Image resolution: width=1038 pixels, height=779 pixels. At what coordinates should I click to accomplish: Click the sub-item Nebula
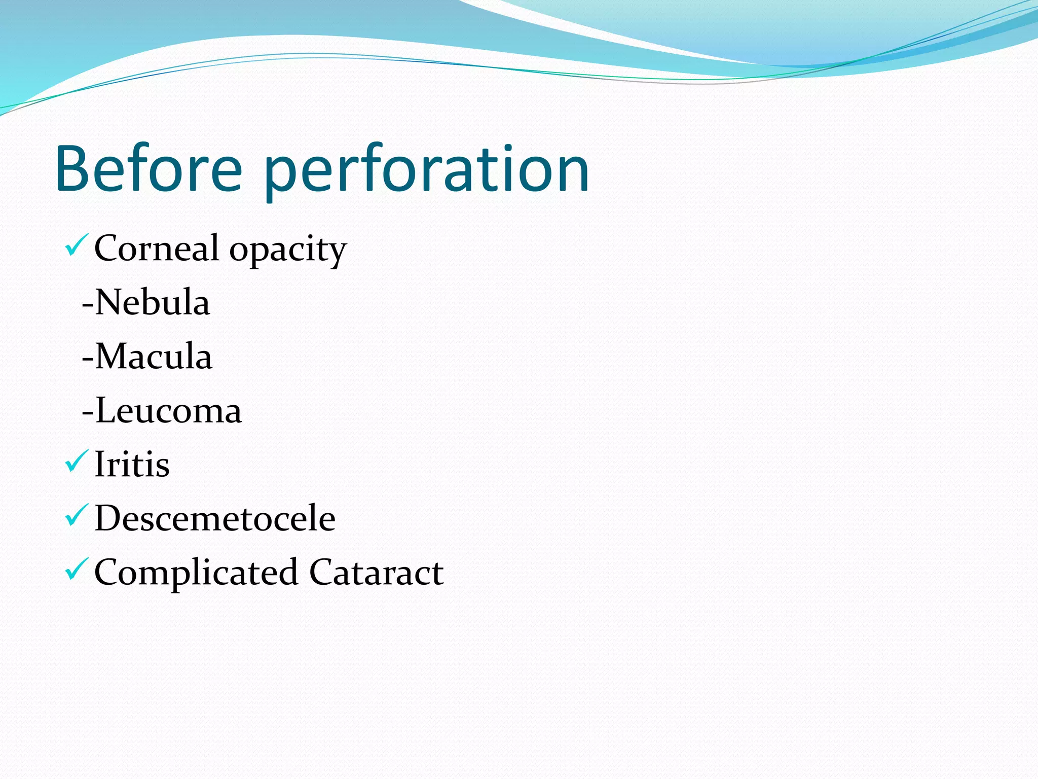152,303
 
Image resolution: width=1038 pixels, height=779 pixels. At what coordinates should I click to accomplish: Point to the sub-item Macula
154,357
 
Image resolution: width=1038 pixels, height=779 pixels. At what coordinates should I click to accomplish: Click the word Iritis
132,465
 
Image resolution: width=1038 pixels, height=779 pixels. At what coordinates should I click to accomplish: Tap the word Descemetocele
215,518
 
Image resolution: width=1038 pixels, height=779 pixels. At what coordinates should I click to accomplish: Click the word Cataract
377,572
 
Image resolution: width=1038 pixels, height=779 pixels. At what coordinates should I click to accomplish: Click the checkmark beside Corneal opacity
77,244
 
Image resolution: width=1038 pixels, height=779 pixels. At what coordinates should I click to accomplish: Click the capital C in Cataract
321,572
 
